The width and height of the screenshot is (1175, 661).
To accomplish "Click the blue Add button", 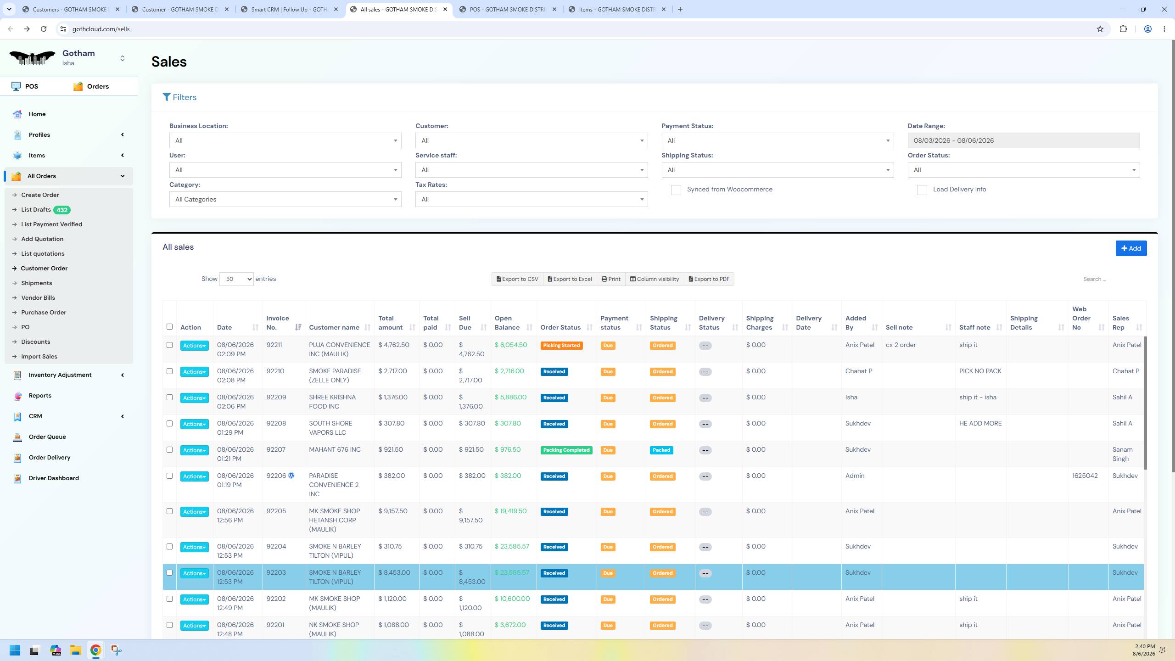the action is (1131, 248).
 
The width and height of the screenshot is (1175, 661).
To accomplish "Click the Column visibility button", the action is (654, 279).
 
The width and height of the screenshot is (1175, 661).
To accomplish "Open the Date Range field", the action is (1024, 140).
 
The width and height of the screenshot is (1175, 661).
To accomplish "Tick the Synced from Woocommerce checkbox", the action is (676, 190).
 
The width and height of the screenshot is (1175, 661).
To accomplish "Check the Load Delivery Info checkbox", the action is (922, 190).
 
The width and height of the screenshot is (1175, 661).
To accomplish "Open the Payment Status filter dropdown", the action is (778, 140).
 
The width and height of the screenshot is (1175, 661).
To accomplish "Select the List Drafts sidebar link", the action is (36, 210).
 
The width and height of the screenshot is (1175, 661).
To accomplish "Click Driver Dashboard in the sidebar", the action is (54, 478).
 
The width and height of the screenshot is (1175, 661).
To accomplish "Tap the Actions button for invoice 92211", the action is (194, 346).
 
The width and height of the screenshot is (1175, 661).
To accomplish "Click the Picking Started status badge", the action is (561, 346).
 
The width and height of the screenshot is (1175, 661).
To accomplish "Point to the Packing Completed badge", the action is (566, 450).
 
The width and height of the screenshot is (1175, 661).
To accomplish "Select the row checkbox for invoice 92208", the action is (169, 424).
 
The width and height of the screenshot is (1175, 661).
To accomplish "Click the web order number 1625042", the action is (1085, 476).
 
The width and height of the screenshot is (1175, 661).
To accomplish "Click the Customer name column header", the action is (334, 327).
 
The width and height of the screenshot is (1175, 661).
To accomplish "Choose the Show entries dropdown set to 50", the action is (236, 279).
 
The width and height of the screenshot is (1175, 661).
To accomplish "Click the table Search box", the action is (1111, 279).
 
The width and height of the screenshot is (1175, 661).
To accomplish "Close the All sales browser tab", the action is (445, 9).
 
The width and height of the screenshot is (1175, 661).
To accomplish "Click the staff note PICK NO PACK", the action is (980, 371).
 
